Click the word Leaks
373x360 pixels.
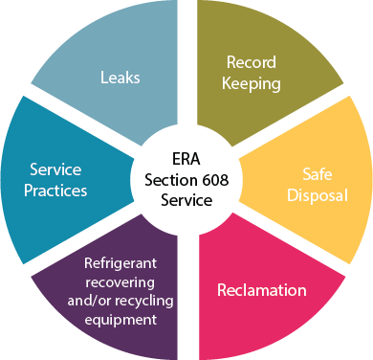tap(121, 78)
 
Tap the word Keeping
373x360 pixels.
tap(252, 83)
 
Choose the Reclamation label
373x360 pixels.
tap(262, 290)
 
